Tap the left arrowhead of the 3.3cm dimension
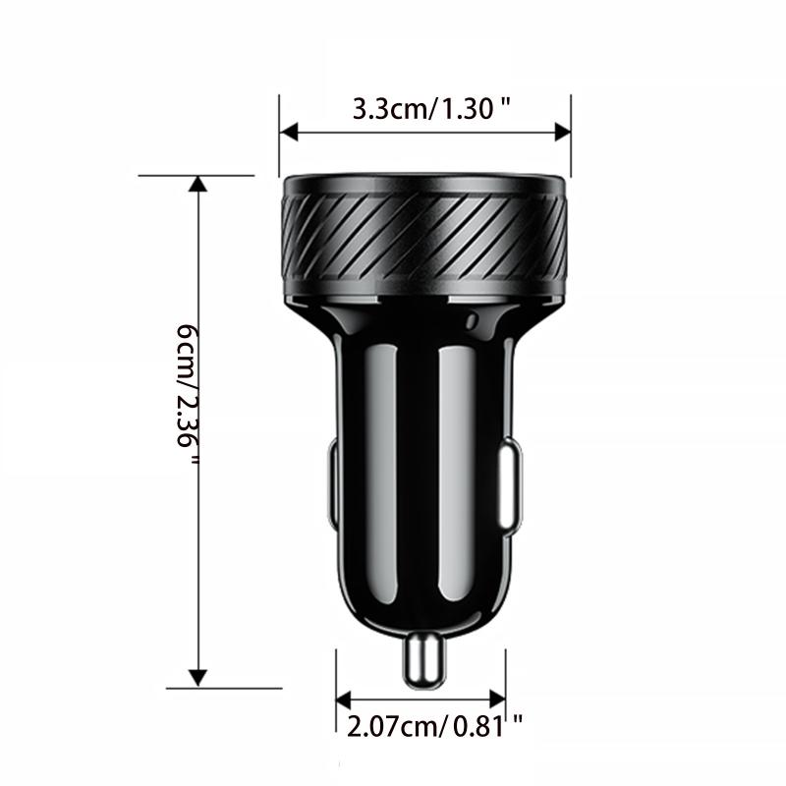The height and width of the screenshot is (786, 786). coord(288,132)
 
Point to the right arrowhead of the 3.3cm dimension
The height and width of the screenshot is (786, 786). coord(562,132)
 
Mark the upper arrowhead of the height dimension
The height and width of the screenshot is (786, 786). coord(198,185)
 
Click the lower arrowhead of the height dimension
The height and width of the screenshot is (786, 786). coord(198,678)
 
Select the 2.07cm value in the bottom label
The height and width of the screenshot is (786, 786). coord(389,727)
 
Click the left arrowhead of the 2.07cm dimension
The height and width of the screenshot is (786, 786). coord(344,700)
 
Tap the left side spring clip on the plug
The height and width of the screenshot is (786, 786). coord(332,486)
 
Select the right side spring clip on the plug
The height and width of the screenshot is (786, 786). coord(511,486)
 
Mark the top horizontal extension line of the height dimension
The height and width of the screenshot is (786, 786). coord(196,176)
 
